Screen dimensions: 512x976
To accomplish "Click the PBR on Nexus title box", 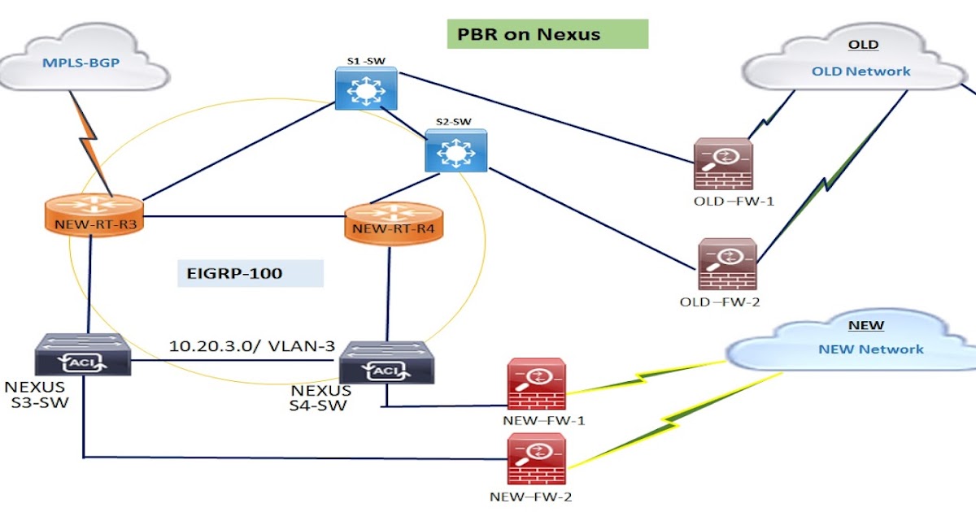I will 547,34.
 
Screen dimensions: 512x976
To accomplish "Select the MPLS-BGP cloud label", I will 76,62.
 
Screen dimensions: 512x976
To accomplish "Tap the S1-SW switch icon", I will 365,88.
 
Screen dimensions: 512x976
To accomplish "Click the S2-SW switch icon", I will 455,150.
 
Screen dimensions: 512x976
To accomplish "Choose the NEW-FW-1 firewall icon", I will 537,384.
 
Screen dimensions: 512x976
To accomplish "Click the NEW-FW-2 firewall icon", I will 537,460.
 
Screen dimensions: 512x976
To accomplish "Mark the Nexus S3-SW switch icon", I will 83,356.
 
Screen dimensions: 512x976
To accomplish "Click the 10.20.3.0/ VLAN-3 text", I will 252,345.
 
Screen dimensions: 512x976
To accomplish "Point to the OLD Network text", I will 861,72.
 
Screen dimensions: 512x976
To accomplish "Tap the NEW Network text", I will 870,349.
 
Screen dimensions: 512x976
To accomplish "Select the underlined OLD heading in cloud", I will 864,46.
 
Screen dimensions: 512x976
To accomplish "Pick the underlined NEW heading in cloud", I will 865,325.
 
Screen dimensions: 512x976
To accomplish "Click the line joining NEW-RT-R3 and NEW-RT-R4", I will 244,217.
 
